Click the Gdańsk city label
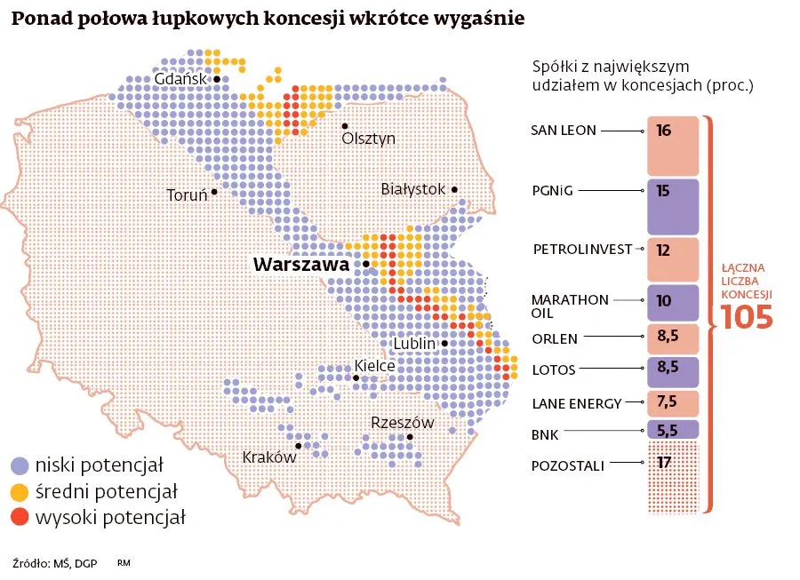pyautogui.click(x=180, y=79)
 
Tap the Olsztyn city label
pyautogui.click(x=368, y=139)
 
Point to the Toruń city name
pyautogui.click(x=187, y=195)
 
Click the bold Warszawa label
pyautogui.click(x=303, y=265)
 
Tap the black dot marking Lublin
pyautogui.click(x=446, y=343)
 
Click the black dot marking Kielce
pyautogui.click(x=356, y=379)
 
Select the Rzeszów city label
pyautogui.click(x=402, y=423)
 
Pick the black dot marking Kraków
pyautogui.click(x=299, y=446)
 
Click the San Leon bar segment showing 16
pyautogui.click(x=673, y=147)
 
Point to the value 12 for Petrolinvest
pyautogui.click(x=662, y=250)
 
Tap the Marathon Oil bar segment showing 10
pyautogui.click(x=673, y=301)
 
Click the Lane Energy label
pyautogui.click(x=576, y=403)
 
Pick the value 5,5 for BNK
pyautogui.click(x=667, y=429)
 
